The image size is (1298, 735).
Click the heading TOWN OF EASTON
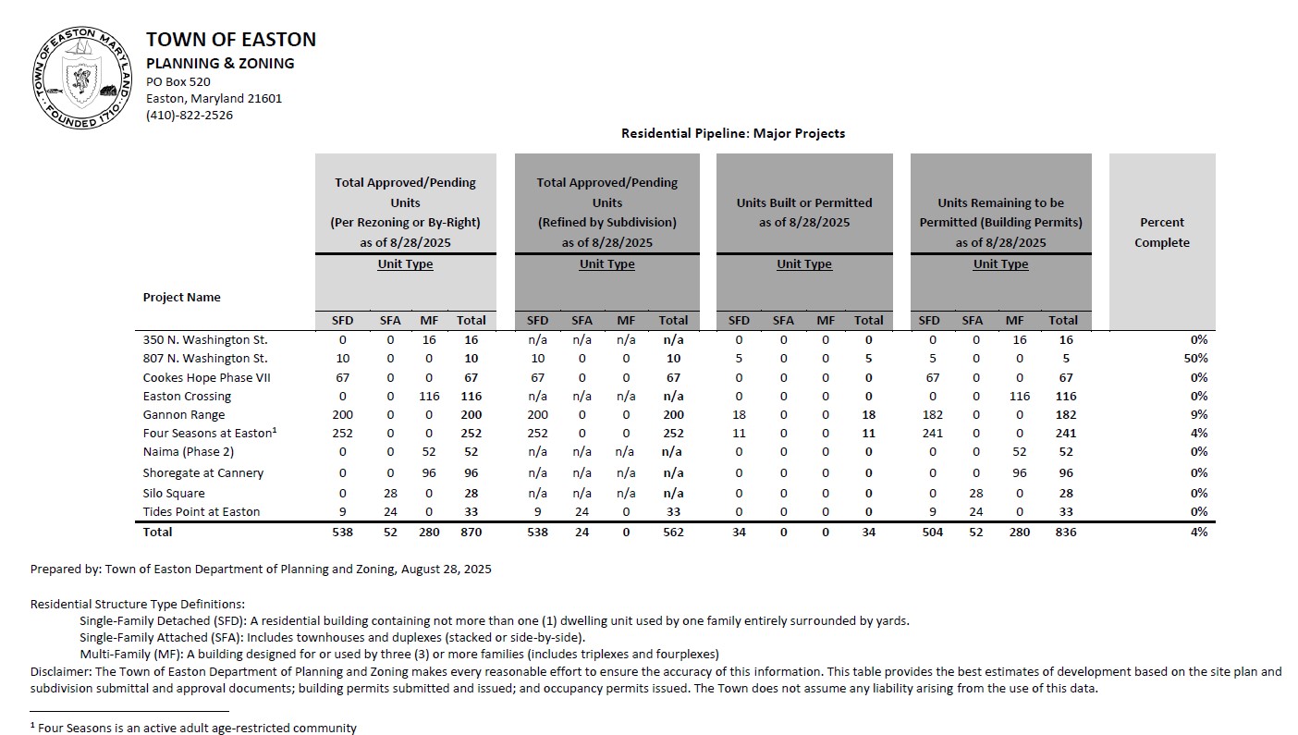click(x=231, y=40)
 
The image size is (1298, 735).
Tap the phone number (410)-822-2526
click(x=190, y=116)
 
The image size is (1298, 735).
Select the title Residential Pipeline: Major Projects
click(x=733, y=133)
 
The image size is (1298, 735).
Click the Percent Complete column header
click(x=1162, y=232)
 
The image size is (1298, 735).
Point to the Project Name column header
click(x=181, y=297)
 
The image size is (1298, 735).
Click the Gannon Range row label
click(x=184, y=415)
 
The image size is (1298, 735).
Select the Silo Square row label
click(x=174, y=493)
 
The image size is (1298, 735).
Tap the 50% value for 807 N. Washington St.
click(x=1195, y=359)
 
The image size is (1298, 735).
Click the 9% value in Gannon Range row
click(x=1199, y=415)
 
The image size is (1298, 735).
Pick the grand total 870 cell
click(x=471, y=532)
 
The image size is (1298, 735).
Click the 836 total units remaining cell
click(x=1062, y=532)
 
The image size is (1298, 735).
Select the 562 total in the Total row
click(x=673, y=532)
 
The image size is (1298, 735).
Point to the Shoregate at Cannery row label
click(x=203, y=473)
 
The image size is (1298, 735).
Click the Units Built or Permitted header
click(x=804, y=212)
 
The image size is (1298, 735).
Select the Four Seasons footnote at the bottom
click(x=193, y=728)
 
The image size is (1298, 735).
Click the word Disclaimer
click(x=59, y=672)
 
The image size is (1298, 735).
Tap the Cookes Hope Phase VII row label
click(x=207, y=378)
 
